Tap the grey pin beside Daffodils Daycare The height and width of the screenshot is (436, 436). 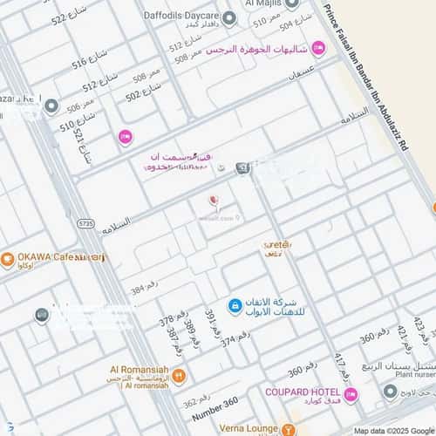coord(229,17)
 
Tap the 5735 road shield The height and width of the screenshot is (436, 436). coord(85,224)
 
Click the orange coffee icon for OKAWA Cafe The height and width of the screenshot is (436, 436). coord(7,258)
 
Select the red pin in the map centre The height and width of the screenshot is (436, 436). coord(213,202)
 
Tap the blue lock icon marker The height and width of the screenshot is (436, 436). coord(235,305)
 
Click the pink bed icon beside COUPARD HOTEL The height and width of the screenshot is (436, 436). coord(351,395)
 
